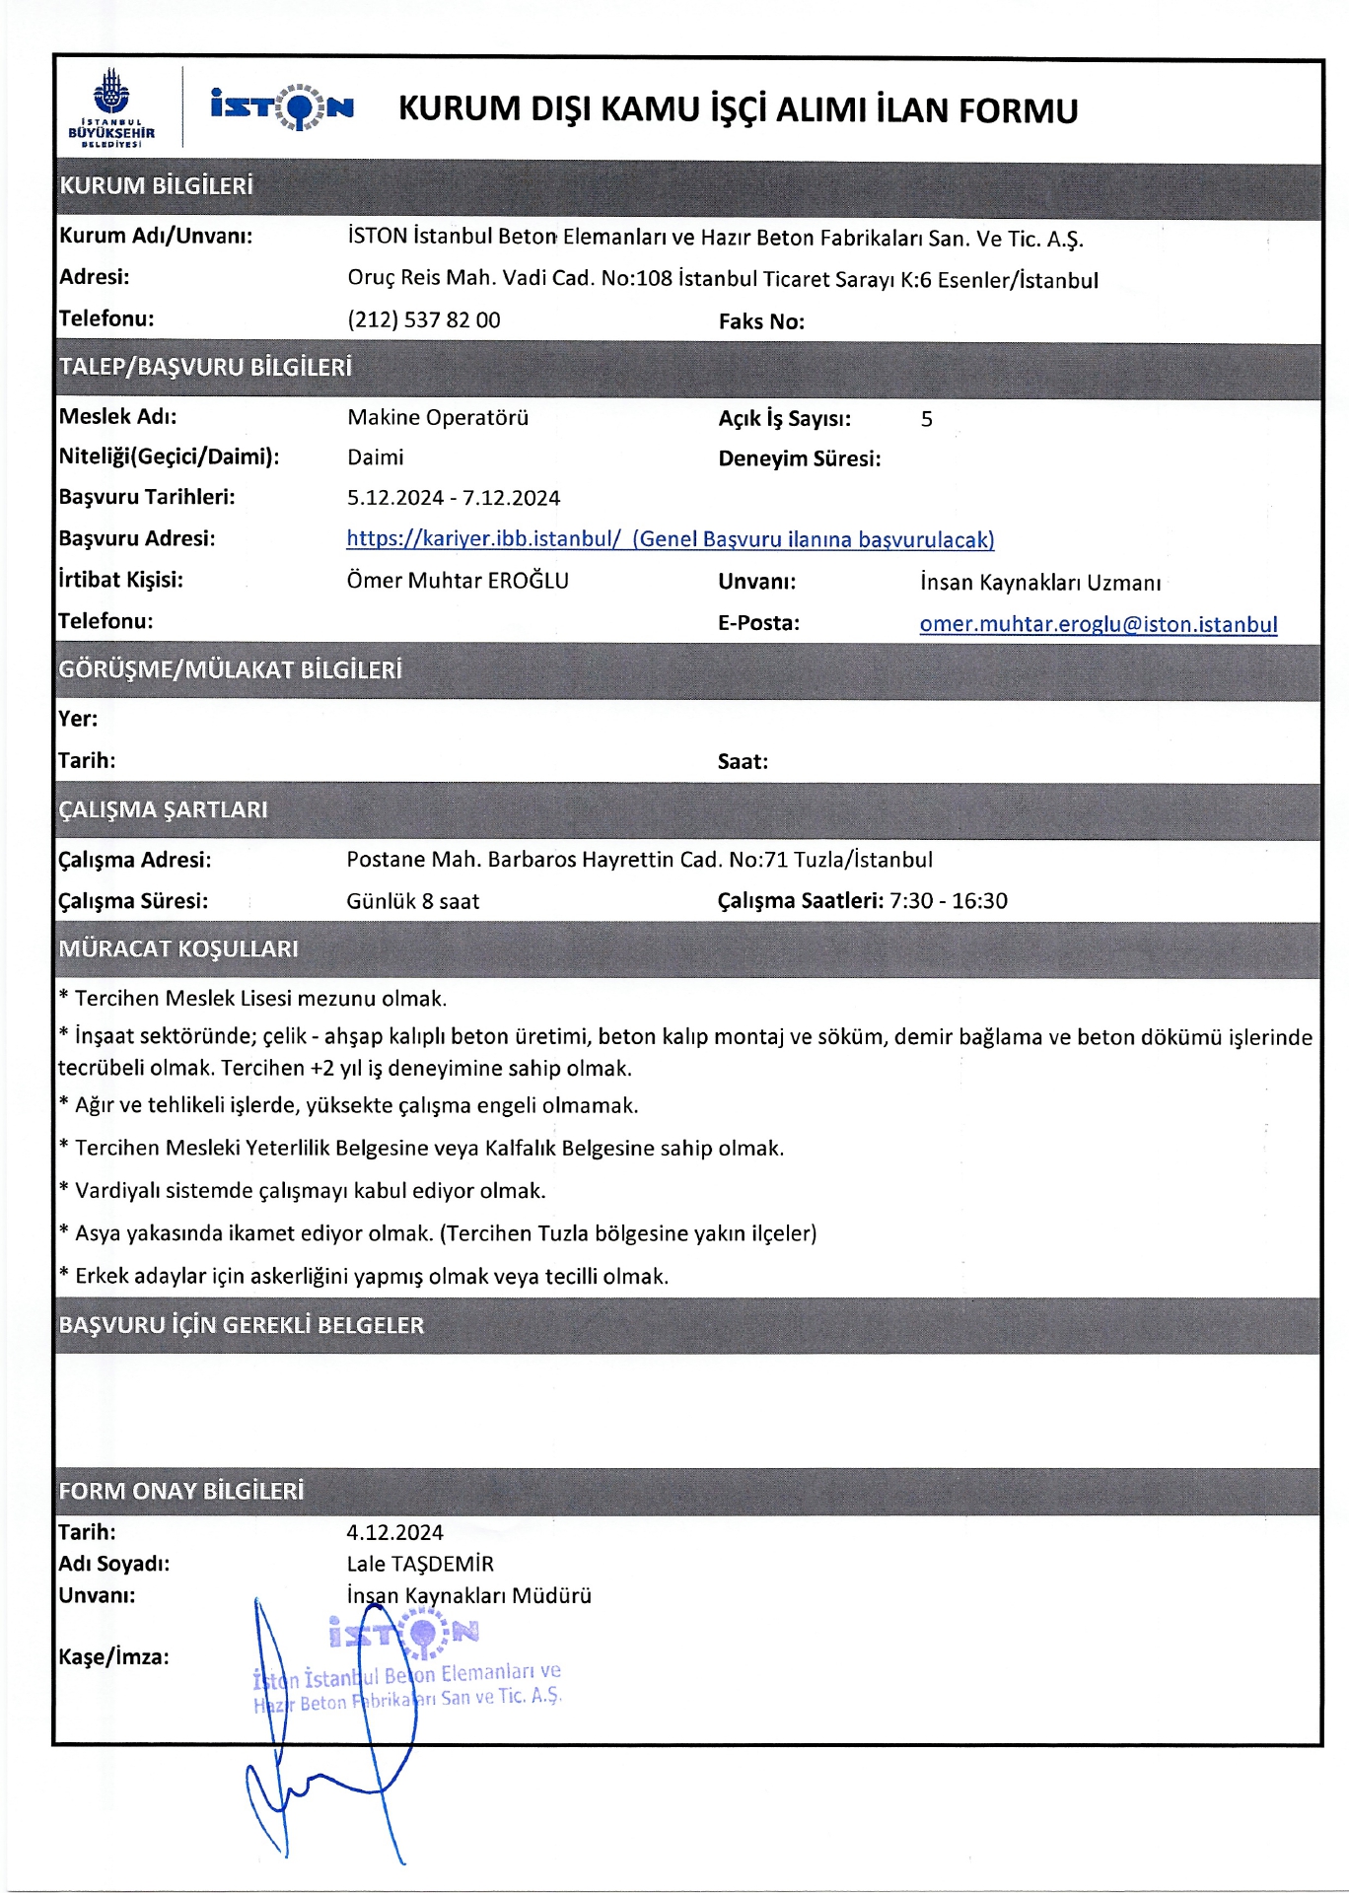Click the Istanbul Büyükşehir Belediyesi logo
tap(111, 107)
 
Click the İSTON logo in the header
tap(282, 106)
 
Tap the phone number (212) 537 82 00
tap(423, 320)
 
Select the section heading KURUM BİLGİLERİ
tap(156, 186)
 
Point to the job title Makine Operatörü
tap(437, 417)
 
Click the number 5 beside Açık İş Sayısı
tap(926, 419)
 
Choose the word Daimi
tap(375, 457)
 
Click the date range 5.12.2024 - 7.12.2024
tap(453, 498)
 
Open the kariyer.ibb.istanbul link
tap(670, 539)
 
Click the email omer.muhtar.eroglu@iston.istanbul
tap(1098, 624)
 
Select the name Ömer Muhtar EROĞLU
tap(457, 581)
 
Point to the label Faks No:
tap(760, 321)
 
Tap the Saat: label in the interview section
tap(743, 761)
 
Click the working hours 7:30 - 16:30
tap(948, 900)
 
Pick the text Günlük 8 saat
tap(412, 901)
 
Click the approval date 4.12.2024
tap(394, 1532)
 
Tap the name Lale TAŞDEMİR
tap(419, 1564)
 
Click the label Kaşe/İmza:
tap(113, 1656)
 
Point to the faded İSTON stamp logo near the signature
tap(404, 1634)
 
